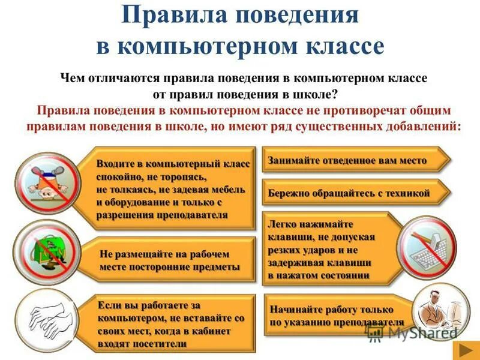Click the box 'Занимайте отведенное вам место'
(x=354, y=161)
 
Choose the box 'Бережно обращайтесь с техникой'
(x=354, y=193)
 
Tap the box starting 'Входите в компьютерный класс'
(x=171, y=188)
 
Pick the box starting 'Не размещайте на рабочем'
(x=171, y=260)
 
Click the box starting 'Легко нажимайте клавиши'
(x=330, y=247)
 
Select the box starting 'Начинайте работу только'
(x=336, y=316)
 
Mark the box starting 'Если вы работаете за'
(x=171, y=324)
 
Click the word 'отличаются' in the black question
(x=116, y=79)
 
